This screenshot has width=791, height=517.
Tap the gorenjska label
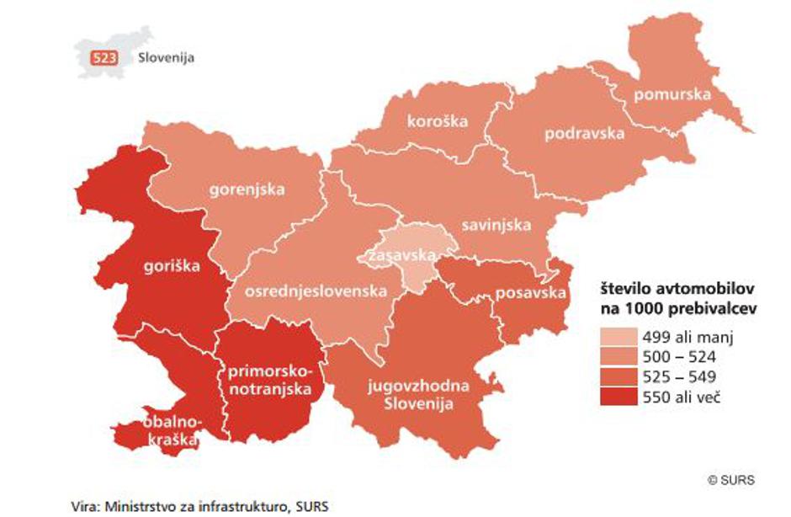pos(247,189)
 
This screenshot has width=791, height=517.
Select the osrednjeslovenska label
pos(316,291)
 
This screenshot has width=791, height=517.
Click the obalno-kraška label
pos(170,429)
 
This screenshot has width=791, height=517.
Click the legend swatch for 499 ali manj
pos(618,338)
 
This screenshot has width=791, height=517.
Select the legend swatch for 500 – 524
pos(618,358)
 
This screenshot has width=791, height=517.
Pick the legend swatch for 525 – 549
pos(618,377)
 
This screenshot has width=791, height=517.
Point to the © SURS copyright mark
pos(730,481)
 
